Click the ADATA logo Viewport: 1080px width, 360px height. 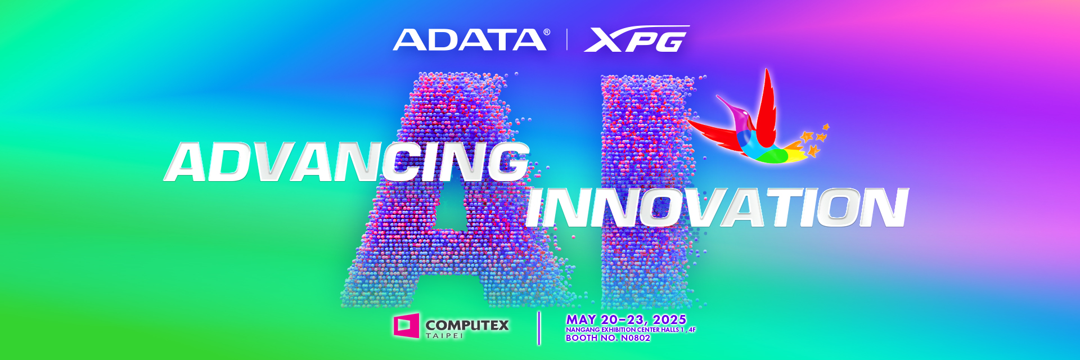(470, 39)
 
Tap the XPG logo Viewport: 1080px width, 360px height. (637, 39)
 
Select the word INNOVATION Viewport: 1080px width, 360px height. (717, 208)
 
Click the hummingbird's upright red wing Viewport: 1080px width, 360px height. (766, 101)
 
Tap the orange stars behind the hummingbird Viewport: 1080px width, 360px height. (816, 141)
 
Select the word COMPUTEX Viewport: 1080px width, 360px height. (467, 325)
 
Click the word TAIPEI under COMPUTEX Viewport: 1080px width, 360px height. (444, 336)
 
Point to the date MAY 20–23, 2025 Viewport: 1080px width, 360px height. (626, 319)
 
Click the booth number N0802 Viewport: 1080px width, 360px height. (635, 338)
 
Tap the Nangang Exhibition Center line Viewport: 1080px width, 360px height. (631, 330)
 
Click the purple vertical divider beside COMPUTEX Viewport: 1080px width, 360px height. (539, 328)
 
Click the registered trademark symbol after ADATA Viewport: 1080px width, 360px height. (547, 33)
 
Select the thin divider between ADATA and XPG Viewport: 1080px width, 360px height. (566, 39)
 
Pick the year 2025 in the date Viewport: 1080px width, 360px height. (669, 319)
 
